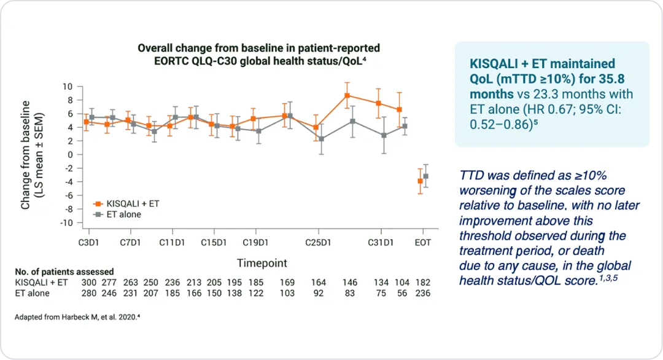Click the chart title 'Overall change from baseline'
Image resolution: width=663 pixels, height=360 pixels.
pyautogui.click(x=258, y=48)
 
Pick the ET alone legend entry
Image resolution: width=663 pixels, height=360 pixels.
pyautogui.click(x=122, y=214)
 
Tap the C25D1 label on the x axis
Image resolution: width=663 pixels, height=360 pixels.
pyautogui.click(x=319, y=243)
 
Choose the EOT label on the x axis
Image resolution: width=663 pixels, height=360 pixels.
pyautogui.click(x=422, y=243)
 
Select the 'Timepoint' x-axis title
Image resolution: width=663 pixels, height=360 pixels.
pyautogui.click(x=262, y=263)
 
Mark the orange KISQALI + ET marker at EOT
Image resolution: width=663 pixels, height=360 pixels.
pyautogui.click(x=420, y=181)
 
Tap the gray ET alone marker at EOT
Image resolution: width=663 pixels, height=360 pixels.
pyautogui.click(x=425, y=176)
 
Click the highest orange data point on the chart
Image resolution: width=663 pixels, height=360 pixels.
pyautogui.click(x=347, y=95)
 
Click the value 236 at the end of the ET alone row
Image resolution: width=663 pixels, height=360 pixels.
pyautogui.click(x=422, y=293)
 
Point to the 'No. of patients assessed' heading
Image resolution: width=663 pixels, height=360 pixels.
pyautogui.click(x=64, y=272)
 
